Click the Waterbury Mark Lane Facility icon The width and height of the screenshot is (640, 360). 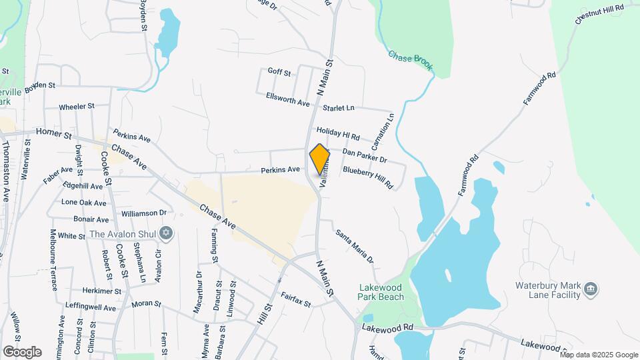coord(590,289)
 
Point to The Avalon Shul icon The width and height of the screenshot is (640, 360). coord(166,233)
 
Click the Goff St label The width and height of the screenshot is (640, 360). coord(279,72)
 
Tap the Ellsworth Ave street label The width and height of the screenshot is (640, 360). coord(288,99)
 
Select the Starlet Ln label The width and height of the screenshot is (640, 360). coord(339,107)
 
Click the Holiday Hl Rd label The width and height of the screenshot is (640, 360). coord(338,134)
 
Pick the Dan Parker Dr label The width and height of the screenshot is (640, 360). coord(364,155)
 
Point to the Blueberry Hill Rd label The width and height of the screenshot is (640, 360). coord(368,177)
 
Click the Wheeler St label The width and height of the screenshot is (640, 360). coord(77,106)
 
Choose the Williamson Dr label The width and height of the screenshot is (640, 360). coord(143,213)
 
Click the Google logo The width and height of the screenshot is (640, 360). coord(22,352)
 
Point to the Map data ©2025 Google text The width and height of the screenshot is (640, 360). coord(599,355)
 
